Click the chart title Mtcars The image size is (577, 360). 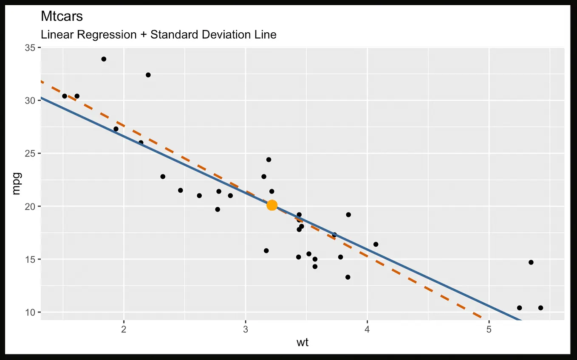click(x=62, y=17)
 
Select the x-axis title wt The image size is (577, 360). click(x=302, y=342)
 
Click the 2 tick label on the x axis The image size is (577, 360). click(x=124, y=329)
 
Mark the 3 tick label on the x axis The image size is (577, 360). click(x=246, y=329)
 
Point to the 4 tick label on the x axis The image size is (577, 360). click(x=368, y=329)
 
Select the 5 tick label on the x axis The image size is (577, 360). click(x=489, y=329)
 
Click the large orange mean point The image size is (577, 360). click(x=272, y=205)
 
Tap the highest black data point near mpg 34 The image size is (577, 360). click(x=104, y=59)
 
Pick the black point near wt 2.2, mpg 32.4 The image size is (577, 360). click(x=148, y=75)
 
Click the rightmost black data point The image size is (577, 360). click(x=540, y=308)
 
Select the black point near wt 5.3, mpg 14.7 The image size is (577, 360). click(x=531, y=262)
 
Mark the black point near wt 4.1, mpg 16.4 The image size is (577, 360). click(x=376, y=244)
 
